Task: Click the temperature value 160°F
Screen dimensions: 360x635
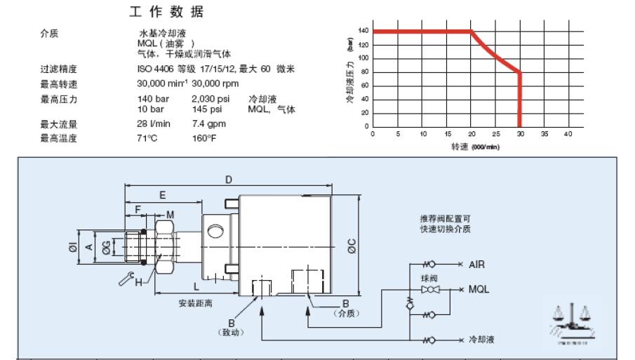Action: point(204,138)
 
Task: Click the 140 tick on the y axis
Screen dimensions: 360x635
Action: point(363,31)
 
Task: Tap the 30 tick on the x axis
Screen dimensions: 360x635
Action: point(519,133)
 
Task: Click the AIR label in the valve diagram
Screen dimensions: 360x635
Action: point(478,265)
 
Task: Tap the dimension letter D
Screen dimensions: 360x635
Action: point(229,180)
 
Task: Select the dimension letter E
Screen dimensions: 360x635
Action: point(162,194)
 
